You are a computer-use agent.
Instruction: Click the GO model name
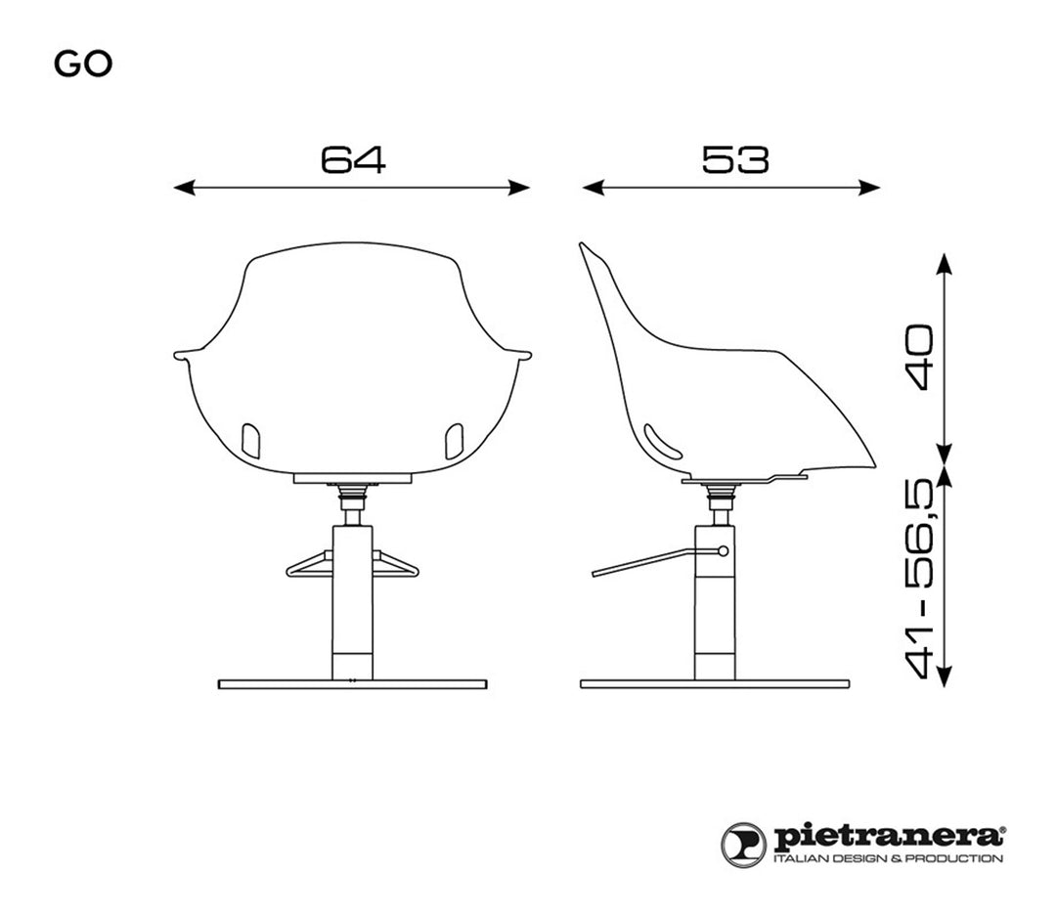83,65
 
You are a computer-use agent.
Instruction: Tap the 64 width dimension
353,159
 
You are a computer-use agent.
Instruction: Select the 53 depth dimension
734,159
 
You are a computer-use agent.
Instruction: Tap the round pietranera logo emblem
744,845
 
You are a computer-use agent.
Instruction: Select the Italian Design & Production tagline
888,859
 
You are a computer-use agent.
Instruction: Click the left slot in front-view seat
250,441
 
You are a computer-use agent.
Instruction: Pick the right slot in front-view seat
454,441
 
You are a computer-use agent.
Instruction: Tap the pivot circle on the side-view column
723,551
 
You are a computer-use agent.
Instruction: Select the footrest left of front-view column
308,564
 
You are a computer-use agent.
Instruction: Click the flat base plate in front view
352,684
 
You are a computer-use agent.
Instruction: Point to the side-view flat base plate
714,684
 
